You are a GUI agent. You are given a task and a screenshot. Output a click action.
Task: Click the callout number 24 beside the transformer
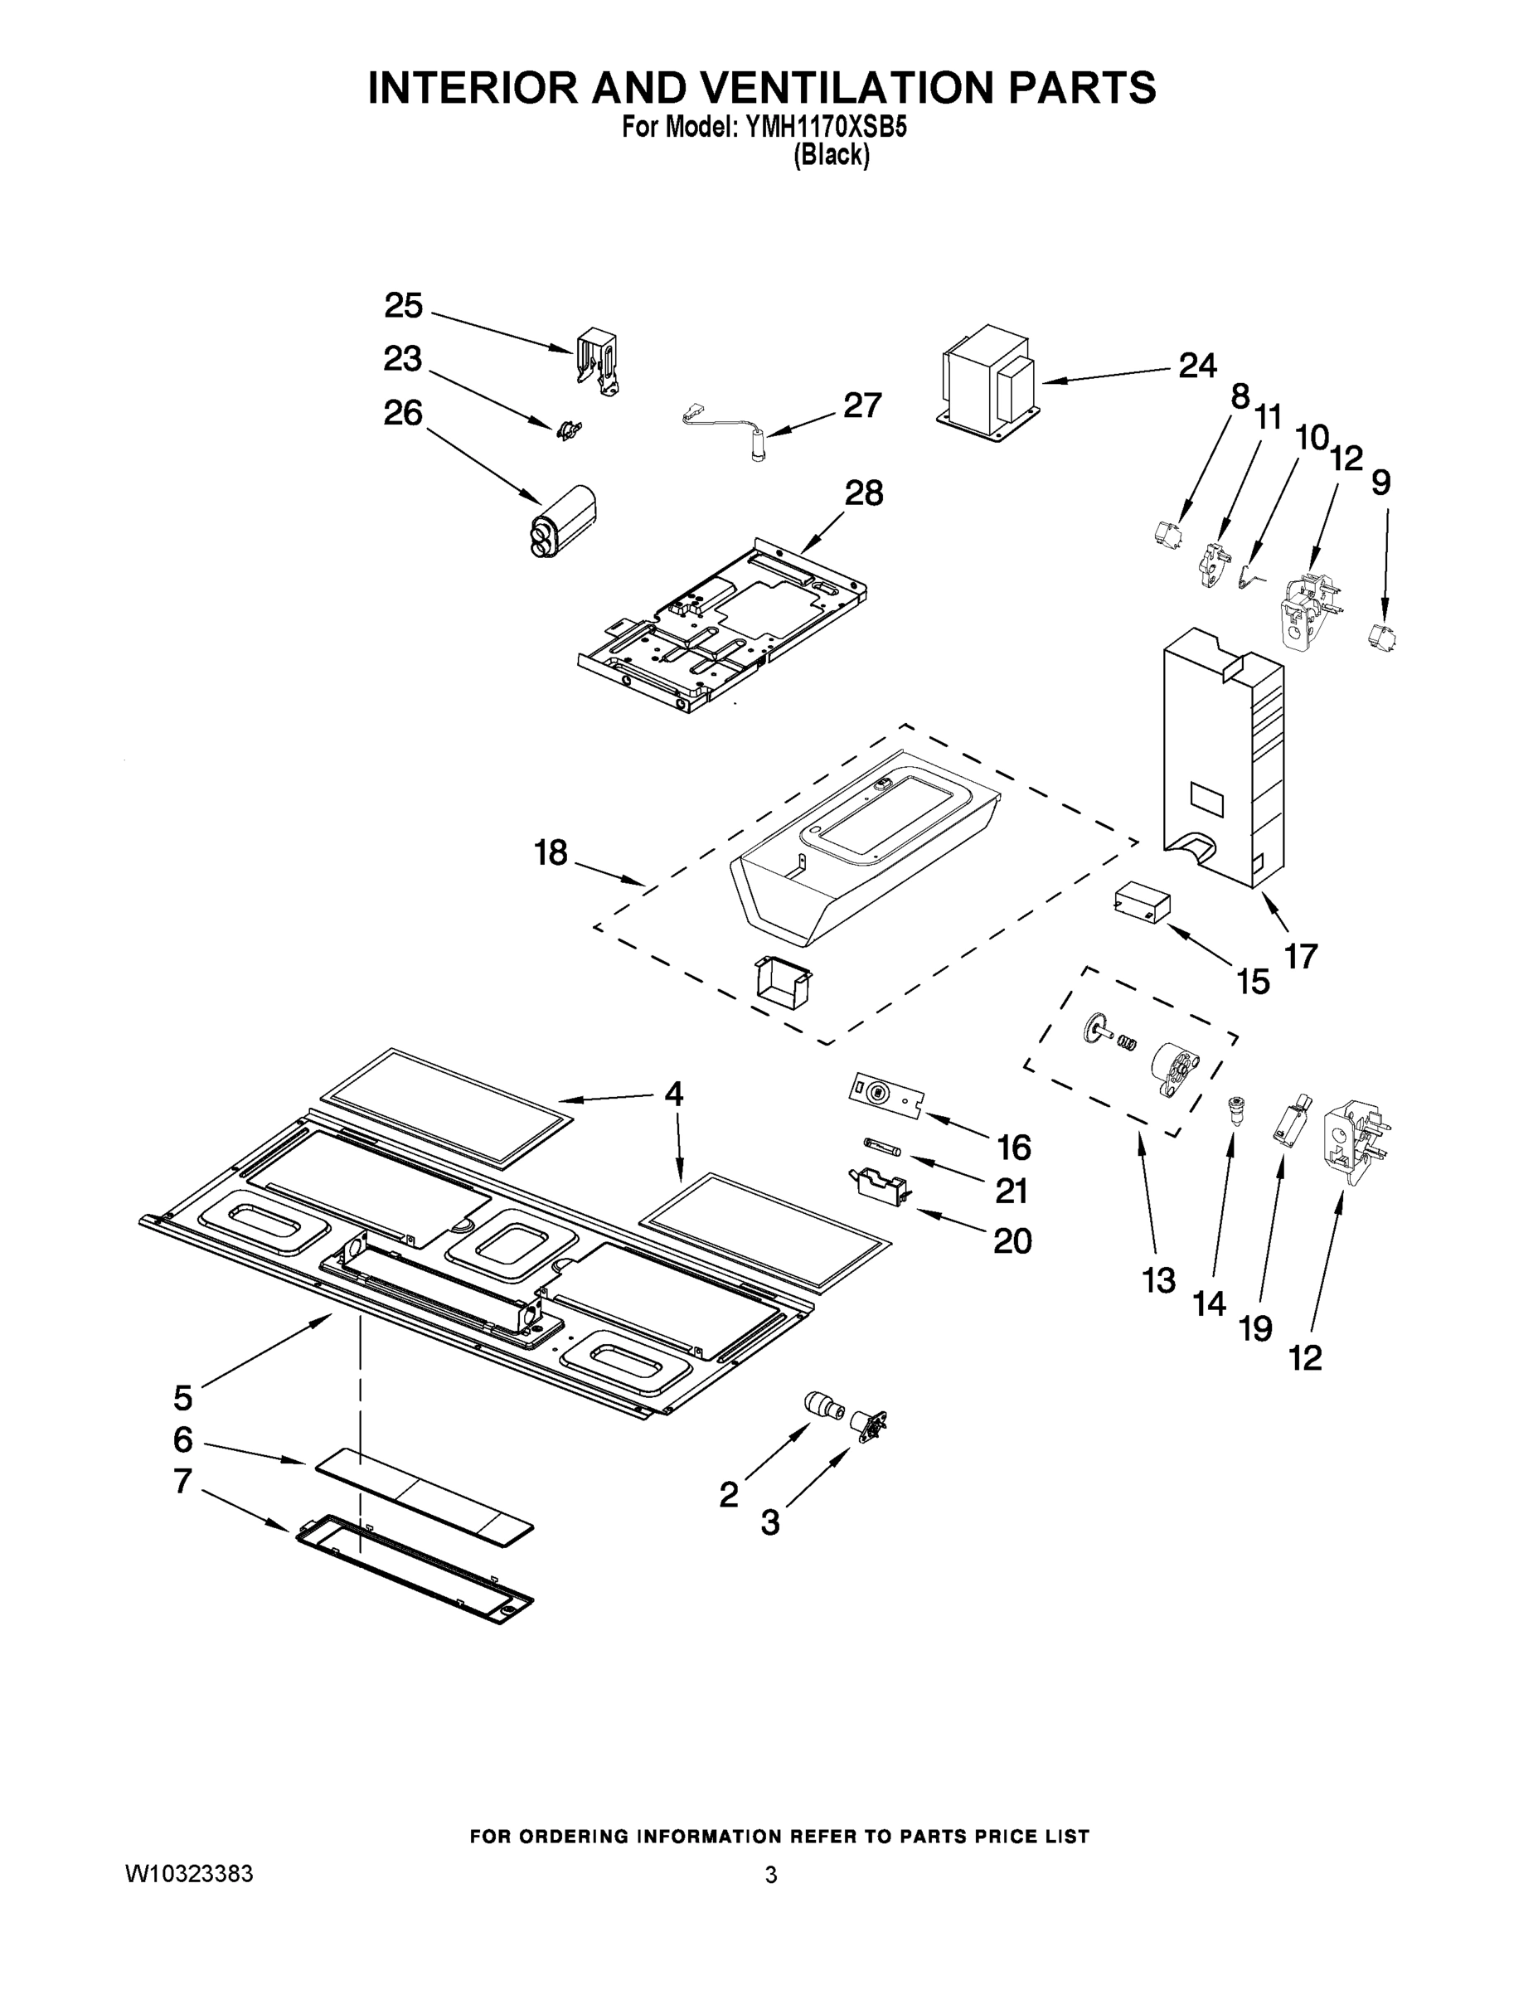(x=1197, y=366)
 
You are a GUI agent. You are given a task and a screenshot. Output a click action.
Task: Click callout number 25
(x=403, y=306)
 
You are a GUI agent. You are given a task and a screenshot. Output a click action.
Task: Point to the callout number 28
(x=863, y=493)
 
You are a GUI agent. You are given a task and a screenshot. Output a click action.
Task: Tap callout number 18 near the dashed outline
(x=551, y=854)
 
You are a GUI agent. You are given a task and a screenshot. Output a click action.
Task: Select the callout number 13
(x=1159, y=1280)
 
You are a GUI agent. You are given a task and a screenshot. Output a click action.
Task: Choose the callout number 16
(x=1013, y=1148)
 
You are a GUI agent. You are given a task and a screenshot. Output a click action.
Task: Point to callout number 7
(x=182, y=1482)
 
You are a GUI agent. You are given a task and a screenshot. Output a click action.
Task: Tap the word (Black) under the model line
(x=830, y=156)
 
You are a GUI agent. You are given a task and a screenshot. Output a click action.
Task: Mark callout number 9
(x=1380, y=482)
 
